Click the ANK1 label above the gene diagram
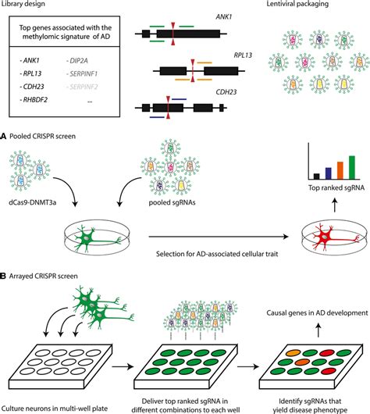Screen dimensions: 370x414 [223, 17]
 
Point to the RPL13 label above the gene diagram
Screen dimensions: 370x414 [243, 55]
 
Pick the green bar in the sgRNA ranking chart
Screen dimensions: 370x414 [352, 168]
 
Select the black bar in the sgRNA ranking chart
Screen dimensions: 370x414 [316, 177]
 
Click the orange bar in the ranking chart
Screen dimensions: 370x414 [340, 170]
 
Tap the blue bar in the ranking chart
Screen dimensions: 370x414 [329, 173]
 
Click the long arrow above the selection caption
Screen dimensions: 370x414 [219, 237]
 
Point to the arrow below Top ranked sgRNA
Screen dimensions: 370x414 [334, 205]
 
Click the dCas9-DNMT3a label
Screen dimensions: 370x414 [32, 203]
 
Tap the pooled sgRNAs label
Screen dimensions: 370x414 [172, 203]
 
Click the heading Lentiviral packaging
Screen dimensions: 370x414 [297, 4]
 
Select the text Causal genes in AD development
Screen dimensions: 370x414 [317, 313]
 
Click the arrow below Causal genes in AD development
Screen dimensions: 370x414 [318, 330]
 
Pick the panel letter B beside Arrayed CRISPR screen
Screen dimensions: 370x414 [3, 277]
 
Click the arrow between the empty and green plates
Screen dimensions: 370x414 [123, 366]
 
